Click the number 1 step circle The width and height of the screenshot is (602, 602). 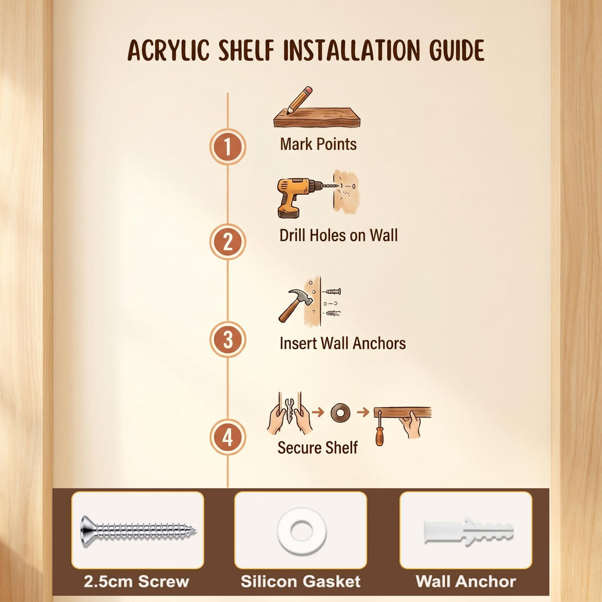pos(228,146)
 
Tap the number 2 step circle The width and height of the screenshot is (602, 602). pos(228,241)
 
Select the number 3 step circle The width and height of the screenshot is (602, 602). pos(228,340)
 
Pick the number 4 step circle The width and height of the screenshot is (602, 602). pos(228,437)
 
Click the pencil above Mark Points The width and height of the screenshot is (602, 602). pos(299,100)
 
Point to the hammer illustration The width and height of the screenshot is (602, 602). pos(295,305)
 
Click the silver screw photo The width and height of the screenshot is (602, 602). pos(138,532)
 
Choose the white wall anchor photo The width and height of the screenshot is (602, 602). pos(469,532)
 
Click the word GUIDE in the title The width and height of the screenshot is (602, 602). pos(457,50)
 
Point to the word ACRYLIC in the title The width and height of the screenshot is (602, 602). pos(169,50)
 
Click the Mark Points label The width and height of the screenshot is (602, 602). pos(318,144)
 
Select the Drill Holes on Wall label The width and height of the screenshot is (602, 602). pos(339,235)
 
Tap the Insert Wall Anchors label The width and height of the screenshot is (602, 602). pos(343,343)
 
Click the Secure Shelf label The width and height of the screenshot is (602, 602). pos(318,447)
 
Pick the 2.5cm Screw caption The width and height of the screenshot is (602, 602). pos(136,581)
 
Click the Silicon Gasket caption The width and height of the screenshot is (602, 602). pos(300,581)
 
